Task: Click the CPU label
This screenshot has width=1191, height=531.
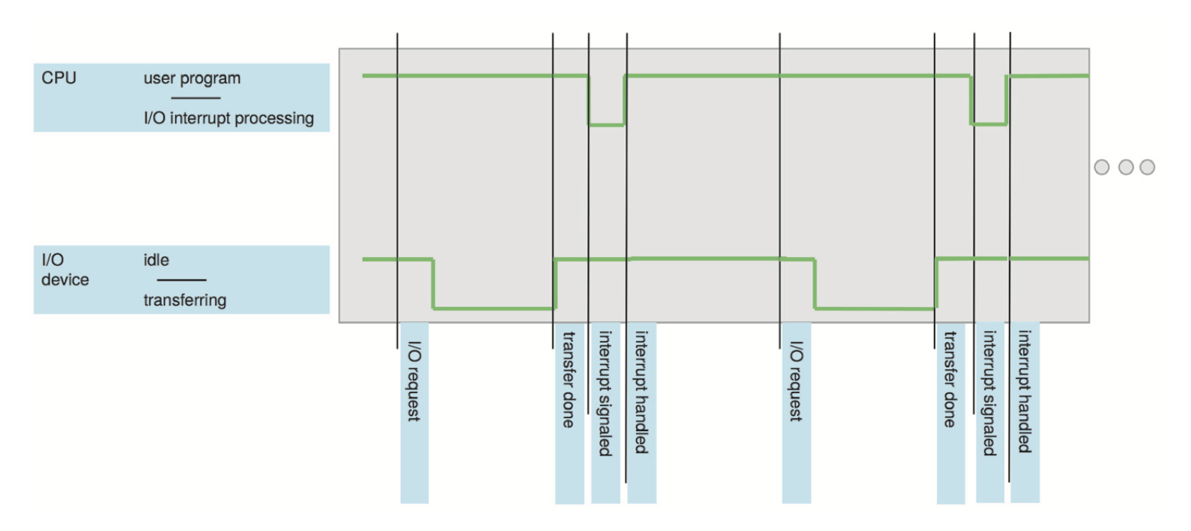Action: pyautogui.click(x=59, y=78)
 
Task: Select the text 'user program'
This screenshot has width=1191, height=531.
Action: pyautogui.click(x=192, y=78)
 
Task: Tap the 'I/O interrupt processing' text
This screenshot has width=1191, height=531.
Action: pyautogui.click(x=228, y=118)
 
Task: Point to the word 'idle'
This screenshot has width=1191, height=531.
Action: pyautogui.click(x=156, y=260)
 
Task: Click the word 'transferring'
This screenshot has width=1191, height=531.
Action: pyautogui.click(x=185, y=300)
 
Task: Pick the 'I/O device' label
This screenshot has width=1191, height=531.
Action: pyautogui.click(x=64, y=270)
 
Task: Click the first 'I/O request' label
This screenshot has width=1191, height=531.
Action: pyautogui.click(x=414, y=381)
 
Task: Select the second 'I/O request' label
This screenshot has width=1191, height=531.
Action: pyautogui.click(x=796, y=381)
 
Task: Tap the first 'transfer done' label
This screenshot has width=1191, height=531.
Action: pyautogui.click(x=569, y=380)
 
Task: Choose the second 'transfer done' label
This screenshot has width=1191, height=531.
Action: pyautogui.click(x=950, y=380)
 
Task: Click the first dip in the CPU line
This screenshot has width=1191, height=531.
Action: pyautogui.click(x=606, y=125)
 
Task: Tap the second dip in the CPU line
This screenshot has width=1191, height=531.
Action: pyautogui.click(x=989, y=124)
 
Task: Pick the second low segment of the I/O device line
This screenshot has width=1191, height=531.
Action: pyautogui.click(x=875, y=308)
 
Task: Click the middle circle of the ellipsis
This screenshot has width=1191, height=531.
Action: pyautogui.click(x=1126, y=167)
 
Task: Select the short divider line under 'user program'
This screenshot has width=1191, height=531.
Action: pyautogui.click(x=196, y=98)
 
